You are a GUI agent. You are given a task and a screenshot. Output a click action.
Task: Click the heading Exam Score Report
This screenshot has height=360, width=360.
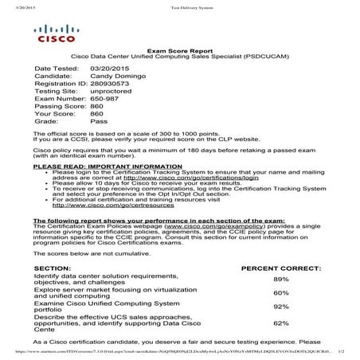[178, 49]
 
